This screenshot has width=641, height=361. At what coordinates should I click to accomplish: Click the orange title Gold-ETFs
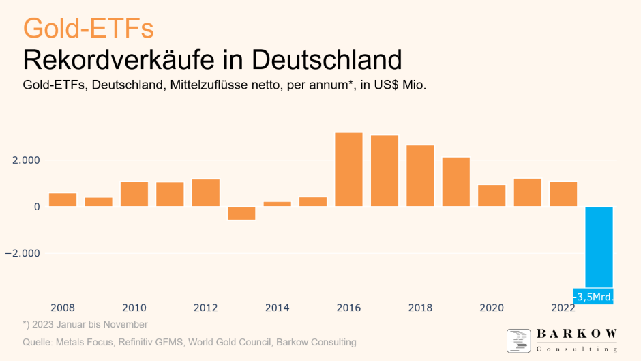click(88, 29)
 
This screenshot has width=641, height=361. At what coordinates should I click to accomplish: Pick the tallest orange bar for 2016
click(348, 169)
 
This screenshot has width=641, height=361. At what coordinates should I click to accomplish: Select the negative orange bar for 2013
click(241, 214)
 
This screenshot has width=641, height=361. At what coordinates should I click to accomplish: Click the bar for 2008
click(63, 200)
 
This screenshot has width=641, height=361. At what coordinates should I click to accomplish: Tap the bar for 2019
click(456, 182)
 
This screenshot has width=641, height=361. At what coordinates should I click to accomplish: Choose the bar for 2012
click(205, 193)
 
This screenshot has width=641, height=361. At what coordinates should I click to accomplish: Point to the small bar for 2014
click(277, 204)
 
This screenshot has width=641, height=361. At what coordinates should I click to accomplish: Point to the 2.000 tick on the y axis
click(27, 160)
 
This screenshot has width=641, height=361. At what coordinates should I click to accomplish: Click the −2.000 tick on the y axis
click(25, 253)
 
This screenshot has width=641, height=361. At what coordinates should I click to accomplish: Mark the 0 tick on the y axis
click(36, 207)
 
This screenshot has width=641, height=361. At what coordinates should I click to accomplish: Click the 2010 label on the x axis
click(134, 308)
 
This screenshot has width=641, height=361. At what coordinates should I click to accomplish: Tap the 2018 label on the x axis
click(420, 308)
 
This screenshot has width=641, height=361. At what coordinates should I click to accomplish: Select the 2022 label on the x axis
click(563, 308)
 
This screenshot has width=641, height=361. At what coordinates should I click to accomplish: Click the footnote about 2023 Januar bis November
click(85, 325)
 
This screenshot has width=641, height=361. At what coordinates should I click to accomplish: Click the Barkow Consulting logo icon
click(518, 341)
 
